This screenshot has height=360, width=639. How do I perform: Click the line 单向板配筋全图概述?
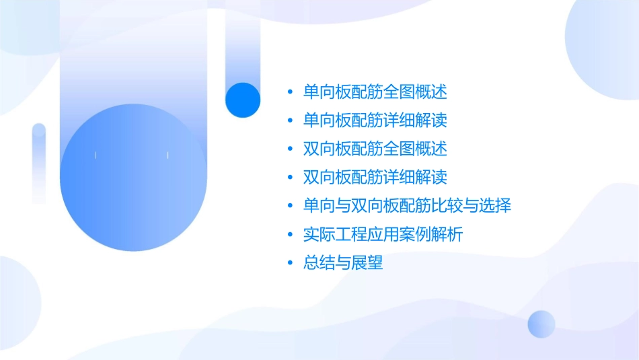coord(375,92)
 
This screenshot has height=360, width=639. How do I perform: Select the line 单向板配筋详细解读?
coord(375,120)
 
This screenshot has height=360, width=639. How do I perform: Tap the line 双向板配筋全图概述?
coord(375,149)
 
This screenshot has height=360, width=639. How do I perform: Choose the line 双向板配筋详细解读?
coord(375,178)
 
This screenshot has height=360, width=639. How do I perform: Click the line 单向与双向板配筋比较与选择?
coord(407,206)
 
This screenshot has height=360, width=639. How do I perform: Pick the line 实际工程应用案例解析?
coord(383,235)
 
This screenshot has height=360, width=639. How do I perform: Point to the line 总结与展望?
coord(343,263)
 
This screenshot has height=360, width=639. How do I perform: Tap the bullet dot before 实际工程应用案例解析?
coord(290,236)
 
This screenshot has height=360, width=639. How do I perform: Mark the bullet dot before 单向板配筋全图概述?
coord(290,92)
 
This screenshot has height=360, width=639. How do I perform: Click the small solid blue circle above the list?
coord(243,100)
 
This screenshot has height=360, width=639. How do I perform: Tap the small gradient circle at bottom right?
coord(541,324)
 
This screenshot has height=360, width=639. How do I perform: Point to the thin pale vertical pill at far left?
coord(39,161)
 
